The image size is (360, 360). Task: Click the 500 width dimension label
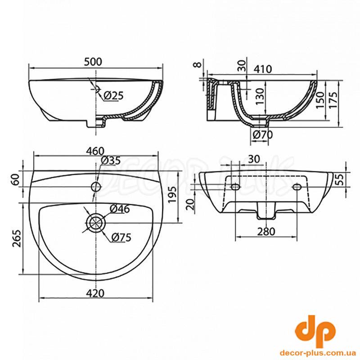93,62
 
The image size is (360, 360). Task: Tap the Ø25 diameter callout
113,95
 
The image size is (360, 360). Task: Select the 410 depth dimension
263,69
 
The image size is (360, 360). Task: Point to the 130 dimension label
260,96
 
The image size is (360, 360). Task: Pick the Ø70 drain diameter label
263,135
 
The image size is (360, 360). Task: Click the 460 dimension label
95,151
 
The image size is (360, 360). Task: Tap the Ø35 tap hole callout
110,160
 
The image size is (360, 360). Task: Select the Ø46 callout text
120,209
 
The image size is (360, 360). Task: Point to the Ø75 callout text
121,237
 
